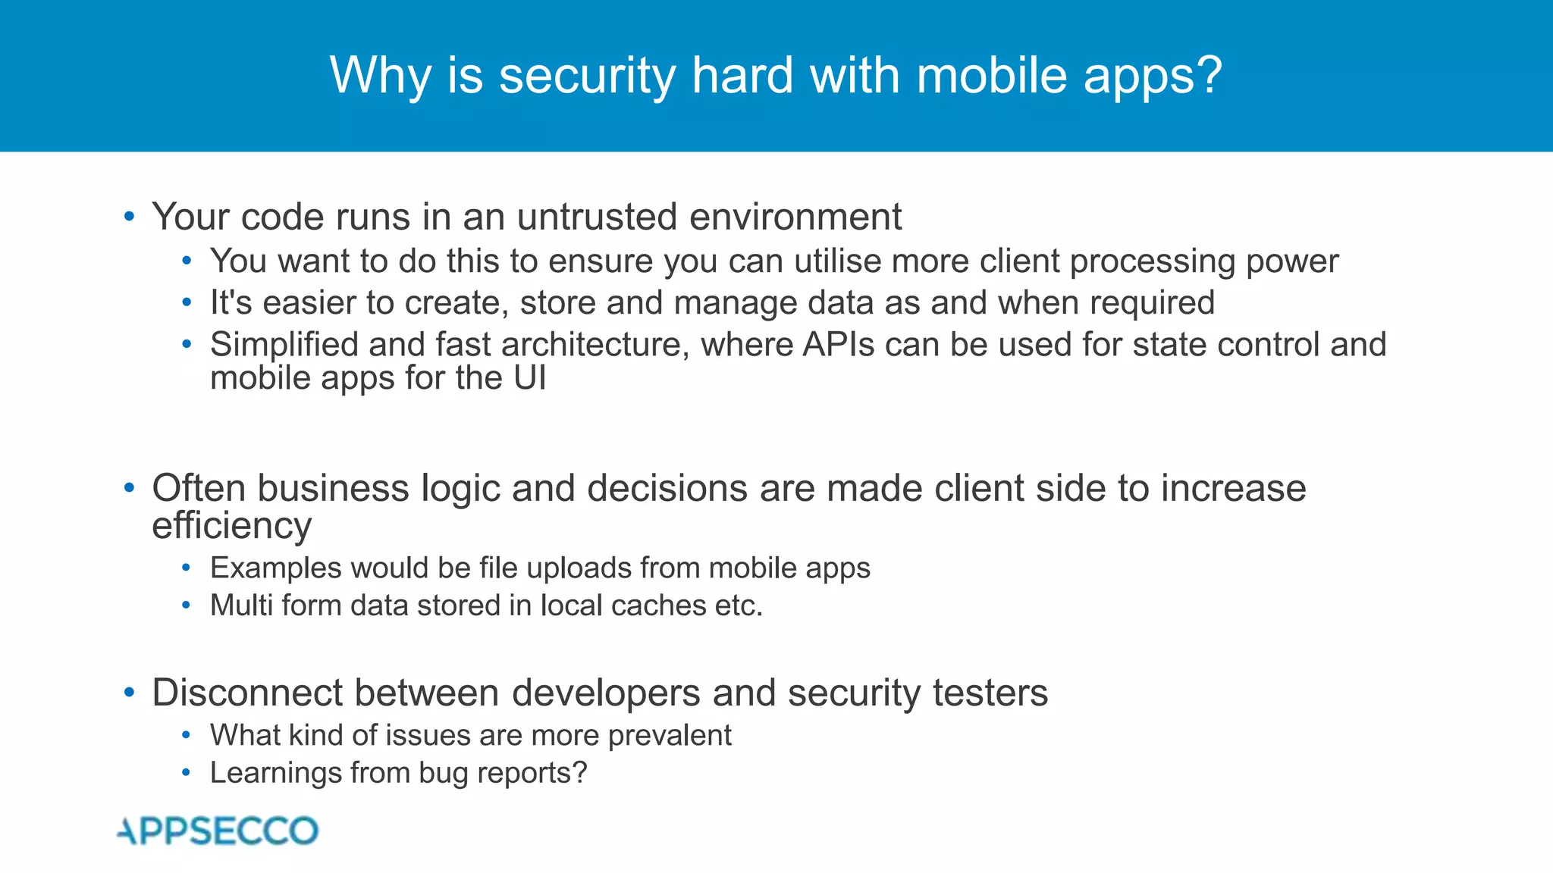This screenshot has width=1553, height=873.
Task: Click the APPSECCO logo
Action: tap(218, 831)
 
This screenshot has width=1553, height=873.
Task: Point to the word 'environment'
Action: tap(795, 217)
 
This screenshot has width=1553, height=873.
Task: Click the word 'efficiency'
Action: tap(231, 526)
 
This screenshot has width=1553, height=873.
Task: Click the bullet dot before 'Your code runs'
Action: tap(130, 217)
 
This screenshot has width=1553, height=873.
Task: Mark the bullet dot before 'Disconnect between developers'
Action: tap(130, 693)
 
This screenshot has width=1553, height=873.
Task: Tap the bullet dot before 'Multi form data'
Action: tap(187, 605)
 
